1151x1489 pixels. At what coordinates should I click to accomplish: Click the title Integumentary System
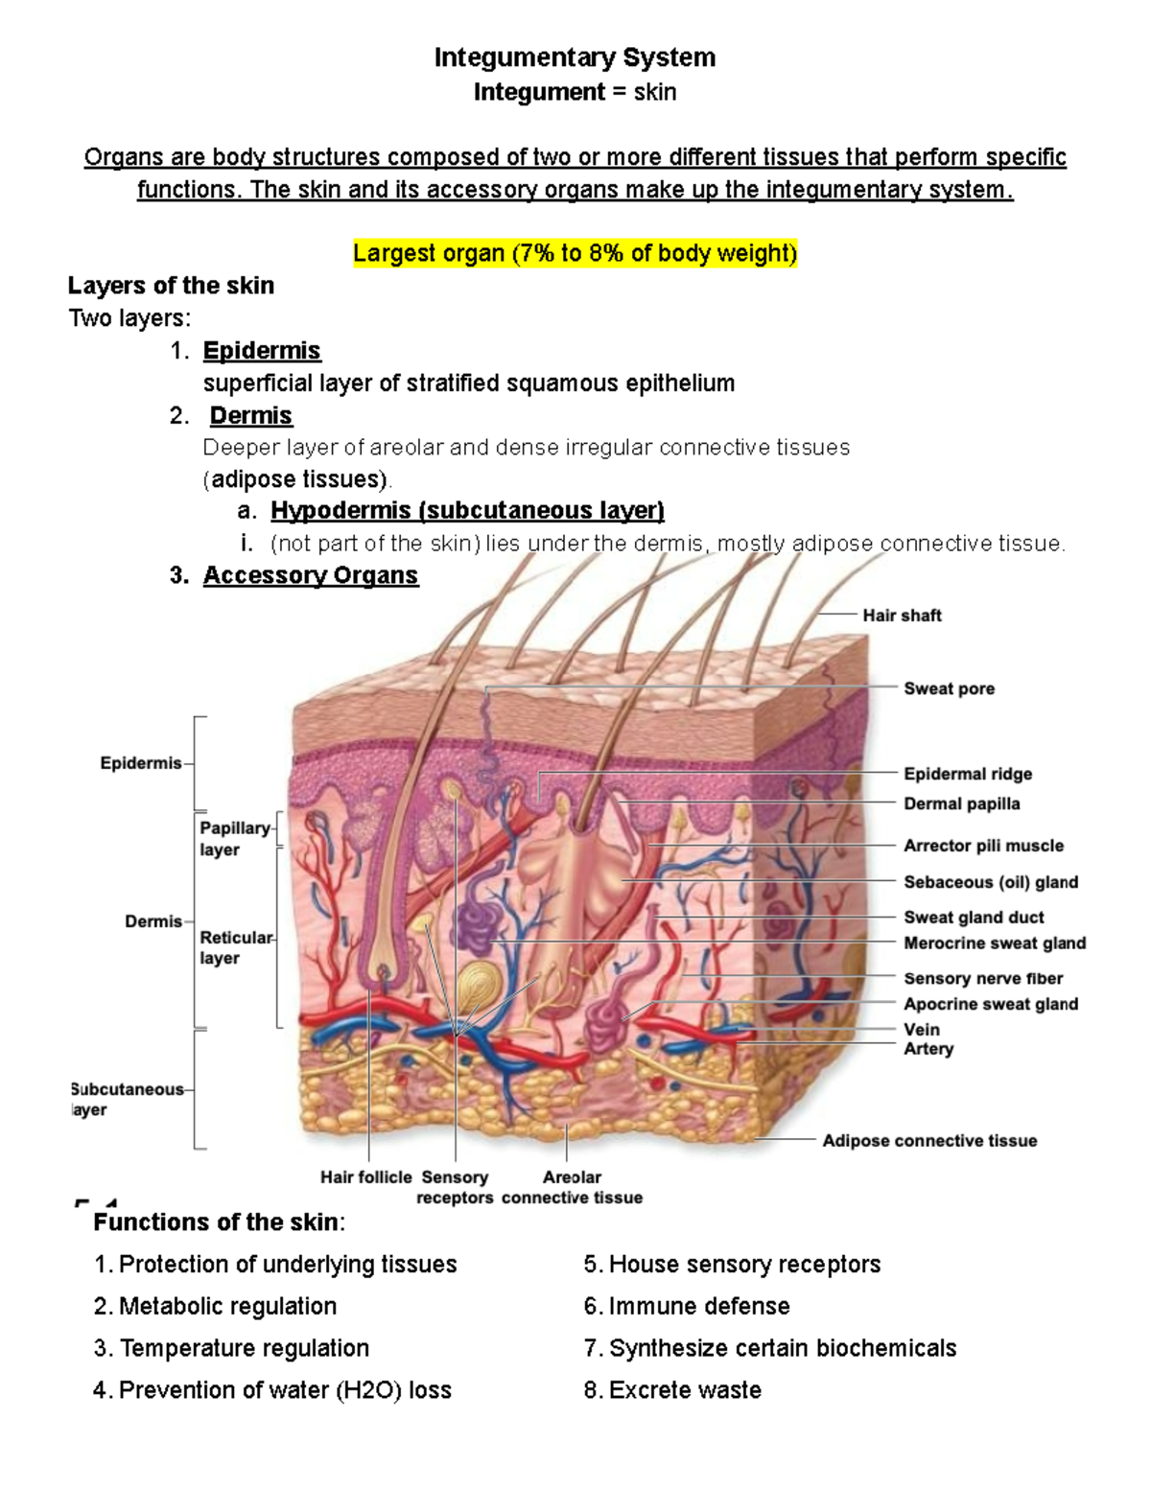575,58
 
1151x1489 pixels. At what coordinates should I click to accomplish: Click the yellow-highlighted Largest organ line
575,253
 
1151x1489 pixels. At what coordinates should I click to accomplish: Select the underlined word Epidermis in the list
262,351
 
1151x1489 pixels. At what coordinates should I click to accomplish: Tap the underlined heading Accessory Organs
311,575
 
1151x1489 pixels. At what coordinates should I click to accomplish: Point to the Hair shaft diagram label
902,616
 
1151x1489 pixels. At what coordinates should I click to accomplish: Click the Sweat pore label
949,688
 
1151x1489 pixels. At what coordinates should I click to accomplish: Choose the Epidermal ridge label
967,774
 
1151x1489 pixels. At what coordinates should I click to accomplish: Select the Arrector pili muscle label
983,846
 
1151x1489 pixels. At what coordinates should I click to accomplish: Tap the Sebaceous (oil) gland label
991,882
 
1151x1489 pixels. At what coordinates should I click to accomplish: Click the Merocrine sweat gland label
995,942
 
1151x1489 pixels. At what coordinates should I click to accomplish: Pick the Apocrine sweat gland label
991,1004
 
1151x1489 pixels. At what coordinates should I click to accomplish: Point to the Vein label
922,1029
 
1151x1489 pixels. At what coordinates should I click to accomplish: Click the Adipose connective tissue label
929,1140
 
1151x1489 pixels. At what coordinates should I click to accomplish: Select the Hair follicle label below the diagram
366,1176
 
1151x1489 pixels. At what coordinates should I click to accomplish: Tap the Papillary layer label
235,839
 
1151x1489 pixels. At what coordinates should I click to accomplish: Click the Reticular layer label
237,947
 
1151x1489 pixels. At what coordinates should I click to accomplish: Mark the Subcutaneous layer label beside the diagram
128,1099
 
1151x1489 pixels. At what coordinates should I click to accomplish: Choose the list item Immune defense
686,1306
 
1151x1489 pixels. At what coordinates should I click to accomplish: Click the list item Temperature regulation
231,1348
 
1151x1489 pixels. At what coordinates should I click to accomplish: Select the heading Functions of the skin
219,1221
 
